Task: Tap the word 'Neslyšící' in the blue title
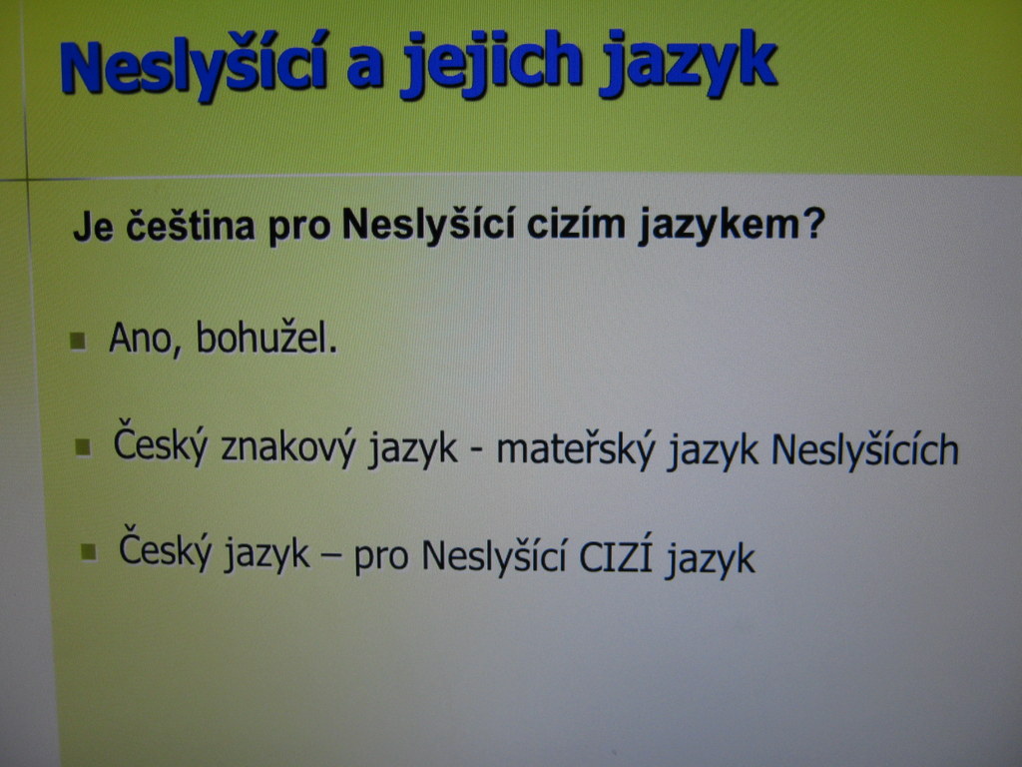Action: (194, 65)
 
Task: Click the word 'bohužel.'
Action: (266, 338)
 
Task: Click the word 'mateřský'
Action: (576, 449)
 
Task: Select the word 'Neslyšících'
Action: (865, 448)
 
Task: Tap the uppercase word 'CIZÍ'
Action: (616, 555)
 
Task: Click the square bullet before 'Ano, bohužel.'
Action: (78, 341)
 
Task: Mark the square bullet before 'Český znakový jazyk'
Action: (84, 447)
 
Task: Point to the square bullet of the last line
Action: (89, 552)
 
